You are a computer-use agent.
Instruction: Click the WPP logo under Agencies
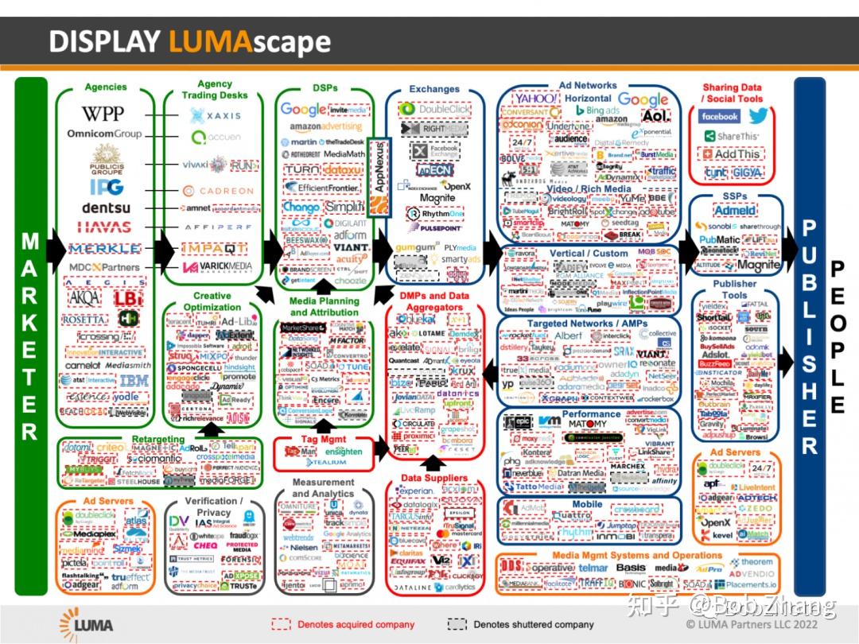103,114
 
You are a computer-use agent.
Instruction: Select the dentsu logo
105,208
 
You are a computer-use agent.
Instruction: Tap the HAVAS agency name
105,227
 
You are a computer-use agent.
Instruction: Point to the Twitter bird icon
758,117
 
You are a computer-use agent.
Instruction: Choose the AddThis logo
732,154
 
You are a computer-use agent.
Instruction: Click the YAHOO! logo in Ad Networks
534,99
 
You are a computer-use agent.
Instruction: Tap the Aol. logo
656,116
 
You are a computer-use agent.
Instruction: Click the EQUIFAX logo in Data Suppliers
408,561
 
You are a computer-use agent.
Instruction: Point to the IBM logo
134,381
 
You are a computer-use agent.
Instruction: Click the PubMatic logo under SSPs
718,239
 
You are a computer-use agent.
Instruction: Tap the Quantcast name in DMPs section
410,361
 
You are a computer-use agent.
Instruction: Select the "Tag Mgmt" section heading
322,439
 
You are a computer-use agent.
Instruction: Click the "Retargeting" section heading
157,439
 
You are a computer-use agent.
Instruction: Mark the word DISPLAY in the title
105,41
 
